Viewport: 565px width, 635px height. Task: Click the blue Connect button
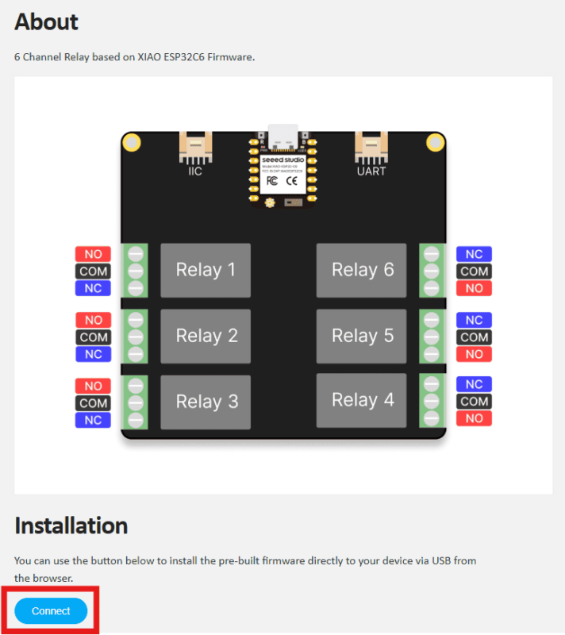tap(51, 610)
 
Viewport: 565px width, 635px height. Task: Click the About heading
tap(46, 21)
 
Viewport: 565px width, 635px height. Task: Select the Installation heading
tap(71, 525)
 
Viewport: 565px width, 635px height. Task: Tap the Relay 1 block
tap(206, 271)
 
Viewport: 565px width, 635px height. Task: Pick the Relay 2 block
tap(206, 336)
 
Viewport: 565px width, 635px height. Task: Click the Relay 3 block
tap(206, 402)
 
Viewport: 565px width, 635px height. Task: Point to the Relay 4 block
tap(362, 400)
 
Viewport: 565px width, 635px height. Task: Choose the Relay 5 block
tap(362, 336)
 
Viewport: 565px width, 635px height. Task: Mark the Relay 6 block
tap(362, 271)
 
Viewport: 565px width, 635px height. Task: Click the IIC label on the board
tap(195, 171)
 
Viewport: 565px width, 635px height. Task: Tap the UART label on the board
tap(371, 171)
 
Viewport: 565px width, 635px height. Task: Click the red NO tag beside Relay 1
tap(93, 254)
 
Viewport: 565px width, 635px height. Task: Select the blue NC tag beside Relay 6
tap(474, 254)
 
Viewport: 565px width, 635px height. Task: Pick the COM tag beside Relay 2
tap(93, 337)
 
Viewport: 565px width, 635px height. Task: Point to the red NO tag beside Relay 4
tap(474, 418)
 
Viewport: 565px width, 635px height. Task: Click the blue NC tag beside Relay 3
tap(93, 420)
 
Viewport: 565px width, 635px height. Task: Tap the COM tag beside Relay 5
tap(474, 337)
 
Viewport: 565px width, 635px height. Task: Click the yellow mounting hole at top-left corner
tap(132, 143)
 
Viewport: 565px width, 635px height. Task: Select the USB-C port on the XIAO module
tap(283, 136)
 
